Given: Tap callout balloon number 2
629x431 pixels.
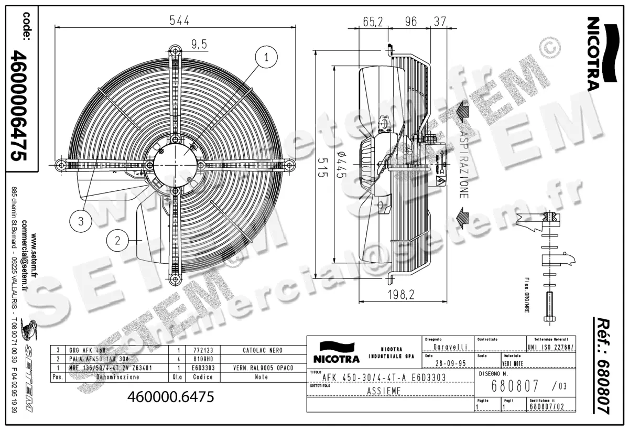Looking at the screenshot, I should click(117, 241).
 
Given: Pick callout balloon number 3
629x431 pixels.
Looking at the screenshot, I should click(81, 221).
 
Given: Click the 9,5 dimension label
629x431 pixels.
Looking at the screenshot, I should click(199, 45).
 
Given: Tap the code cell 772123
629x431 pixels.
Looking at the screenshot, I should click(202, 349).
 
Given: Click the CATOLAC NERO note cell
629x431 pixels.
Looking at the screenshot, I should click(262, 349).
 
